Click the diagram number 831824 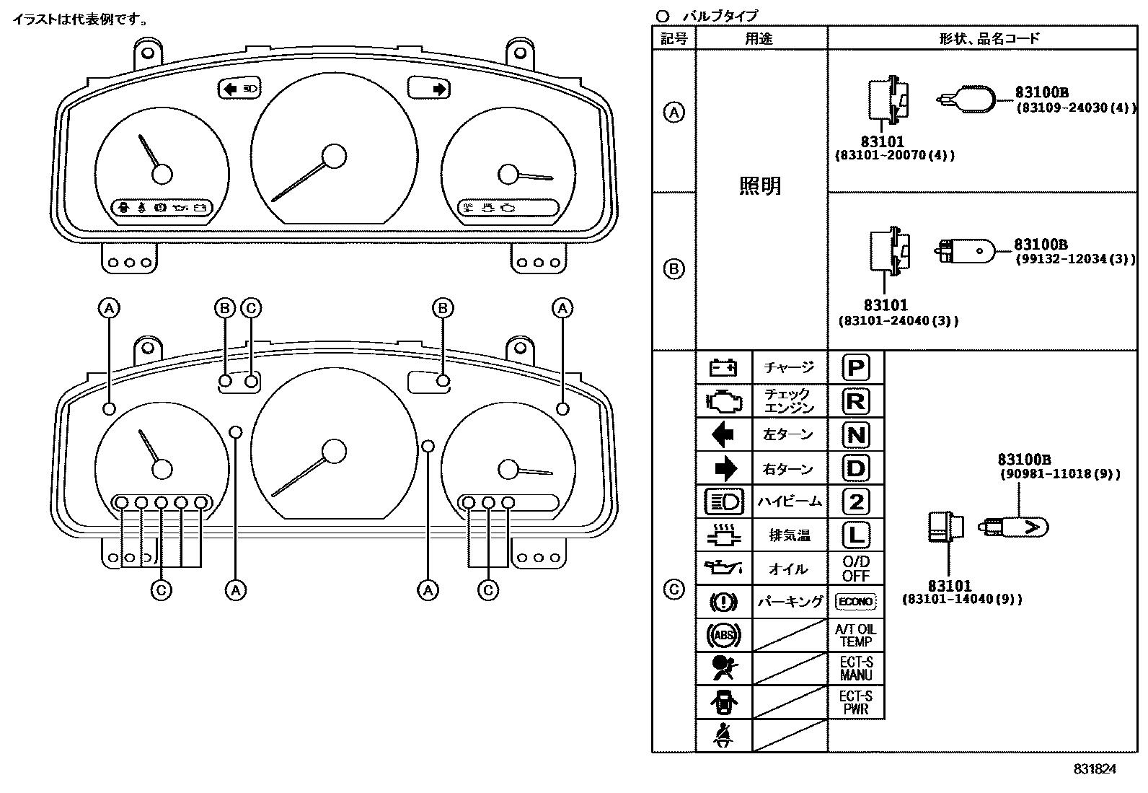tap(1094, 769)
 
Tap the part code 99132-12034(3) tap(1075, 259)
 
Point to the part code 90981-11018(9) tap(1060, 473)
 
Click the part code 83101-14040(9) tap(962, 599)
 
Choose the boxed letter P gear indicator tap(856, 368)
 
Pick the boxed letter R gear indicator tap(856, 401)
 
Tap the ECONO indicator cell tap(856, 601)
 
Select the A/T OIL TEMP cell tap(856, 635)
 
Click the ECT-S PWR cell tap(856, 702)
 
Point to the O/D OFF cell tap(856, 569)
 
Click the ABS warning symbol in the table tap(723, 635)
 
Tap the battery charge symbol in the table tap(723, 368)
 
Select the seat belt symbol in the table tap(723, 736)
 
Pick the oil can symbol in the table tap(723, 569)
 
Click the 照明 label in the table tap(761, 185)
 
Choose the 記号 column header tap(674, 38)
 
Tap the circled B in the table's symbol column tap(674, 268)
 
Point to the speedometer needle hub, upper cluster tap(334, 156)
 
